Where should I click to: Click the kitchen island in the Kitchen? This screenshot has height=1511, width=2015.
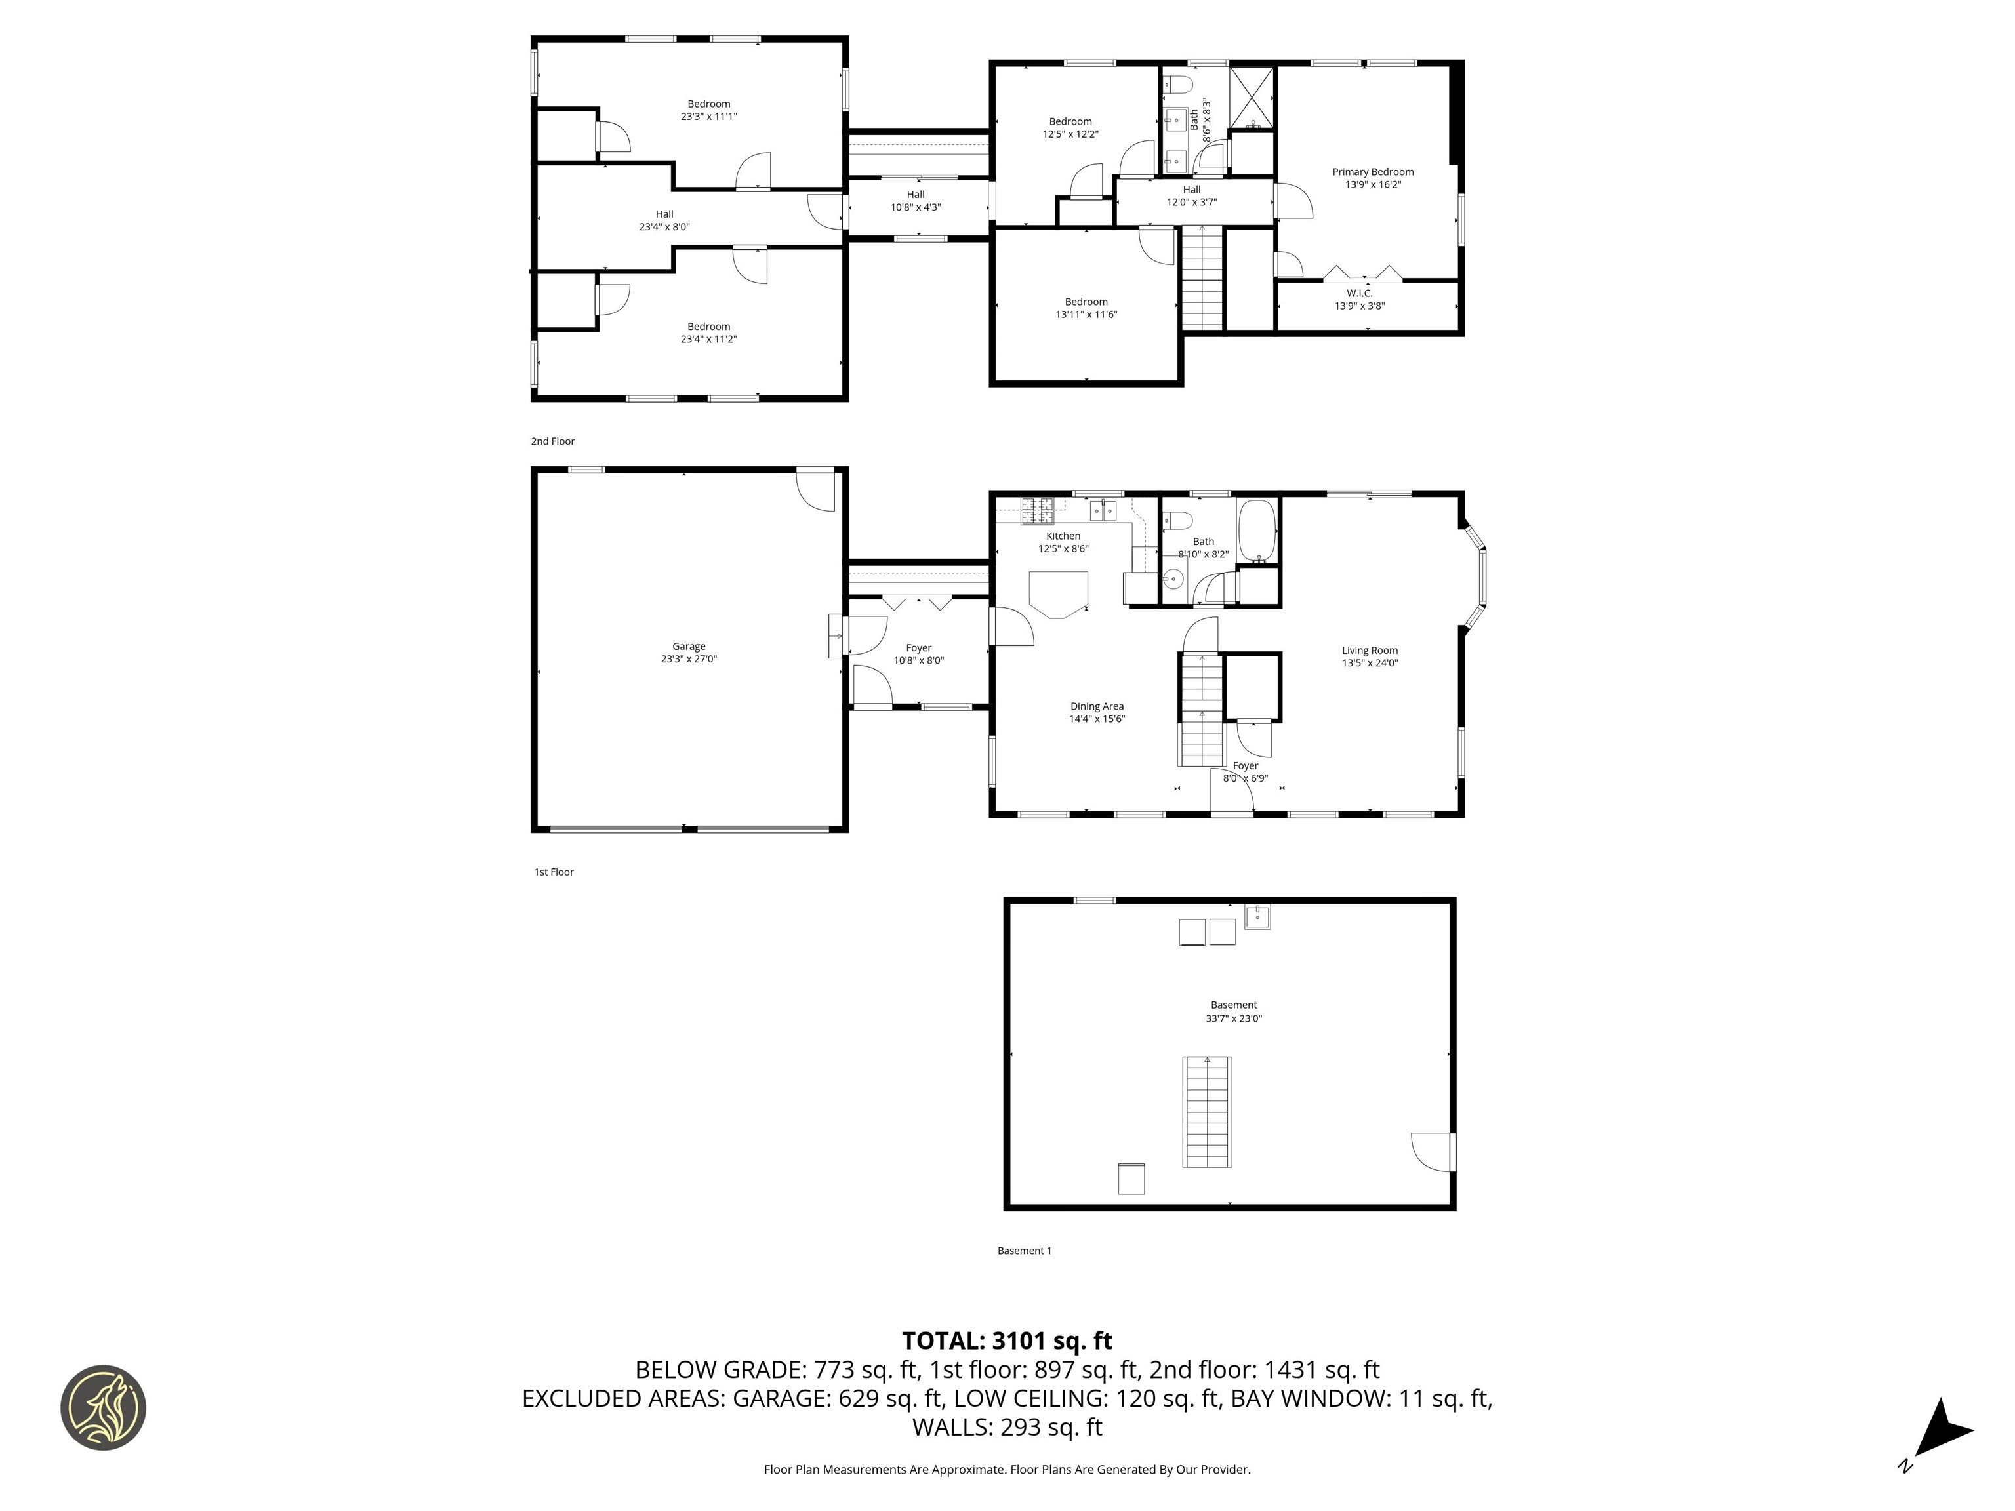pos(1059,593)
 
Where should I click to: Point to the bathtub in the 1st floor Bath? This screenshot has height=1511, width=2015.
pos(1257,530)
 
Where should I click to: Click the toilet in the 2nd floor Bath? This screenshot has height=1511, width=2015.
pos(1179,86)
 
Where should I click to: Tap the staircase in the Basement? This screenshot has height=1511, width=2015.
pos(1207,1111)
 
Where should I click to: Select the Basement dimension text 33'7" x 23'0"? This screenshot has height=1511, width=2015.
pos(1233,1018)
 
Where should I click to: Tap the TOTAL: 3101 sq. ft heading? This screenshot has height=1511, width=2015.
pos(1007,1340)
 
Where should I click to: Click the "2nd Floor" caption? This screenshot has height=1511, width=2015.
pos(553,441)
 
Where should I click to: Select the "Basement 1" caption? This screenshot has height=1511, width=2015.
pos(1024,1251)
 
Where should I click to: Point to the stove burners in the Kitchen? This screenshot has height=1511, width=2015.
pos(1036,511)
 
